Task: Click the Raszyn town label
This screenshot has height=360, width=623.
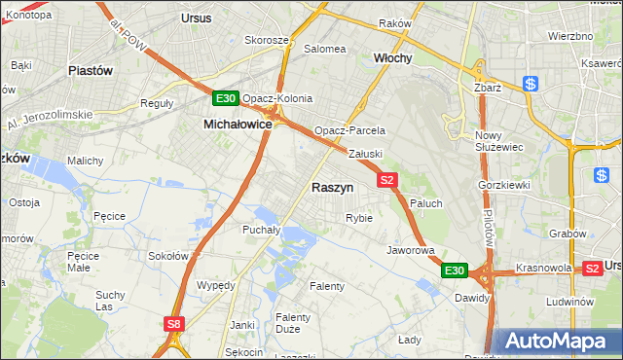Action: [332, 187]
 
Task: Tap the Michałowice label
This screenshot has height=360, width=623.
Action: [237, 125]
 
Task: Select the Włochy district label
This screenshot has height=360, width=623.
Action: [393, 58]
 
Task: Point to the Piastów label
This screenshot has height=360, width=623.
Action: [92, 71]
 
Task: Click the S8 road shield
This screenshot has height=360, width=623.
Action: [174, 324]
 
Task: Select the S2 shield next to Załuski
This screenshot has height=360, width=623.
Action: [387, 179]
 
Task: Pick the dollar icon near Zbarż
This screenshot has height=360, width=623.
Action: [531, 85]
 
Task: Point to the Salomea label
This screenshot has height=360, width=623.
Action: [325, 49]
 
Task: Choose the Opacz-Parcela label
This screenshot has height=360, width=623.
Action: [349, 130]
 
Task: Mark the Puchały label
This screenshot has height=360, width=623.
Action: [261, 231]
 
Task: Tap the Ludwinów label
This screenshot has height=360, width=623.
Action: [570, 302]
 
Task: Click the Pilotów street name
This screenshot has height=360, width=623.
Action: [489, 230]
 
